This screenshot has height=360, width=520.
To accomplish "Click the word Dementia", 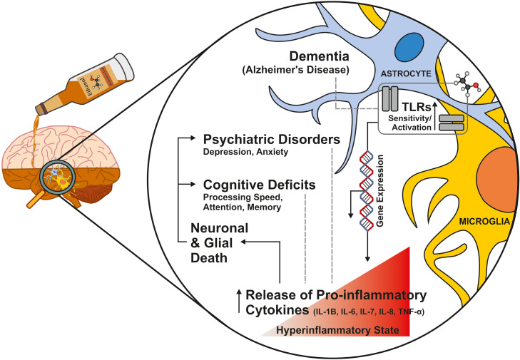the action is point(320,56).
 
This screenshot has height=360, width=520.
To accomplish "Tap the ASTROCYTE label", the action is point(406,73).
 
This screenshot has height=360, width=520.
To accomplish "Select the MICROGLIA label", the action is point(484,222).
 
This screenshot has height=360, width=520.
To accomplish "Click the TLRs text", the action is point(417,107).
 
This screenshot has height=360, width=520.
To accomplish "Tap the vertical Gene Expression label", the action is point(379,190).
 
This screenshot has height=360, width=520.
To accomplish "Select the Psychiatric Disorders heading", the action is point(272,139).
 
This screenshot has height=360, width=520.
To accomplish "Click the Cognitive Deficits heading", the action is point(260,185).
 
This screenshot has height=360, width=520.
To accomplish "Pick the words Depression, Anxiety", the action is point(246,152).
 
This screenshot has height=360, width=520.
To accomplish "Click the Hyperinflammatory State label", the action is point(337,331).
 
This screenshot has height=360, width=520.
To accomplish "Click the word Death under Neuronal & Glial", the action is point(209,258).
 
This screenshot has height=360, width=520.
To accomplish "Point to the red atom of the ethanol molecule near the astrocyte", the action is point(476,86).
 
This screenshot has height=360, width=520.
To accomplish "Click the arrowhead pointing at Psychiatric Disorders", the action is point(193,138).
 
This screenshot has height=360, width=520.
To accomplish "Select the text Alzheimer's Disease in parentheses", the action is point(295,71).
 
